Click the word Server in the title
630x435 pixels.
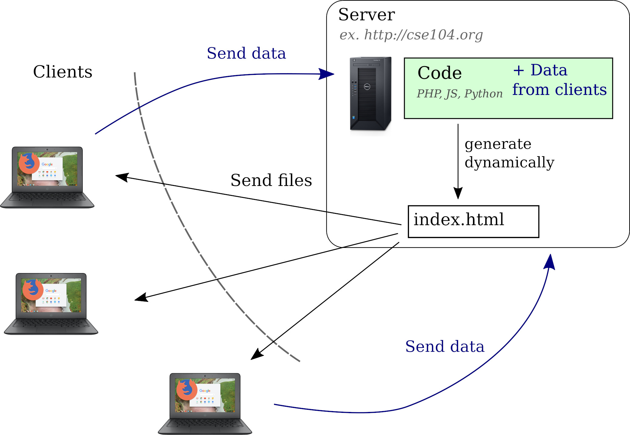click(x=367, y=15)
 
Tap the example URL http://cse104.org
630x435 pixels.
click(x=424, y=35)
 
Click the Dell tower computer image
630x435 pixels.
click(x=370, y=94)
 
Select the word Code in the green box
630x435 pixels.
click(x=440, y=73)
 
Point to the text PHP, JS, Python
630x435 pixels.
click(x=460, y=94)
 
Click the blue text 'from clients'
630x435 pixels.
click(x=560, y=89)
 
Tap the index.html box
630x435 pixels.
click(x=473, y=221)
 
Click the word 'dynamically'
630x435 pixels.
click(x=509, y=163)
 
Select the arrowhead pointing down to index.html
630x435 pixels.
click(x=458, y=193)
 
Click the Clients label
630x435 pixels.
click(x=63, y=72)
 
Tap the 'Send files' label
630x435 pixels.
click(x=271, y=180)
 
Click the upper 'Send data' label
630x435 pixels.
click(x=246, y=53)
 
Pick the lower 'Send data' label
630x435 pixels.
click(x=445, y=346)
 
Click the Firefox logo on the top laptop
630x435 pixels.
click(x=29, y=163)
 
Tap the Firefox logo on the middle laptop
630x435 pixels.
click(x=33, y=290)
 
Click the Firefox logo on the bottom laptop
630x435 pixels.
click(x=186, y=389)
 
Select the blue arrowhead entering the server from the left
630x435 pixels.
click(x=327, y=74)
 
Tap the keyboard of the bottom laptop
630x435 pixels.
click(x=205, y=423)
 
